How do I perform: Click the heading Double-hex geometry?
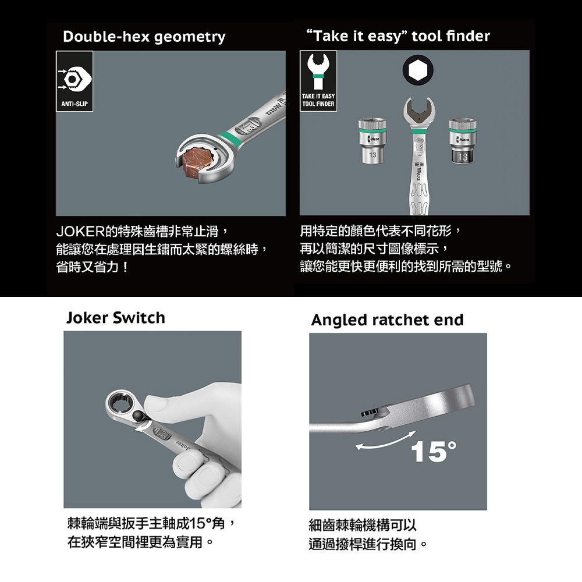pyautogui.click(x=144, y=37)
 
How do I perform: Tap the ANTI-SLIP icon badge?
pyautogui.click(x=74, y=81)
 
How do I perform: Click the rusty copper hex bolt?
pyautogui.click(x=196, y=161)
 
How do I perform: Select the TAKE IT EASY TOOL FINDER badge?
pyautogui.click(x=318, y=81)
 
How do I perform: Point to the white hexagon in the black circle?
pyautogui.click(x=418, y=69)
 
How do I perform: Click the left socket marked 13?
pyautogui.click(x=372, y=141)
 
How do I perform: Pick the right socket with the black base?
pyautogui.click(x=463, y=141)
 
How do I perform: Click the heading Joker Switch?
pyautogui.click(x=115, y=318)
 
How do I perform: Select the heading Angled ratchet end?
pyautogui.click(x=388, y=320)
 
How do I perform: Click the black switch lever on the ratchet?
pyautogui.click(x=139, y=417)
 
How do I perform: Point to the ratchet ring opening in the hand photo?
pyautogui.click(x=122, y=405)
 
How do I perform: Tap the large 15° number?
pyautogui.click(x=434, y=452)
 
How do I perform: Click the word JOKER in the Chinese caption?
pyautogui.click(x=80, y=232)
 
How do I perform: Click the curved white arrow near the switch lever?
pyautogui.click(x=143, y=427)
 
